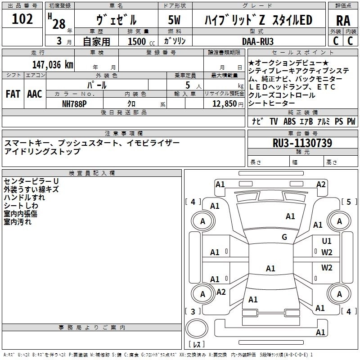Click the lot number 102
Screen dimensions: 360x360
coord(22,19)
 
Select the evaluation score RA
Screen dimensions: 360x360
coord(343,20)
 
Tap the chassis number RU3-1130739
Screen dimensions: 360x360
coord(302,143)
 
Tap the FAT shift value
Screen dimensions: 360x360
coord(12,94)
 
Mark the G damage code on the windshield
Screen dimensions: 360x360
coord(284,237)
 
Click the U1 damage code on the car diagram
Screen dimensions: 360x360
coord(327,241)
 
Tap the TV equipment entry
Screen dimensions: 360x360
coord(274,121)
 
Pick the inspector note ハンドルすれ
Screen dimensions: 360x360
coord(24,197)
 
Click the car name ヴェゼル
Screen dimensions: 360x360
coord(117,20)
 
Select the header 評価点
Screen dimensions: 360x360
coord(343,6)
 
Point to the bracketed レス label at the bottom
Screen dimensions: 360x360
coord(197,345)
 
